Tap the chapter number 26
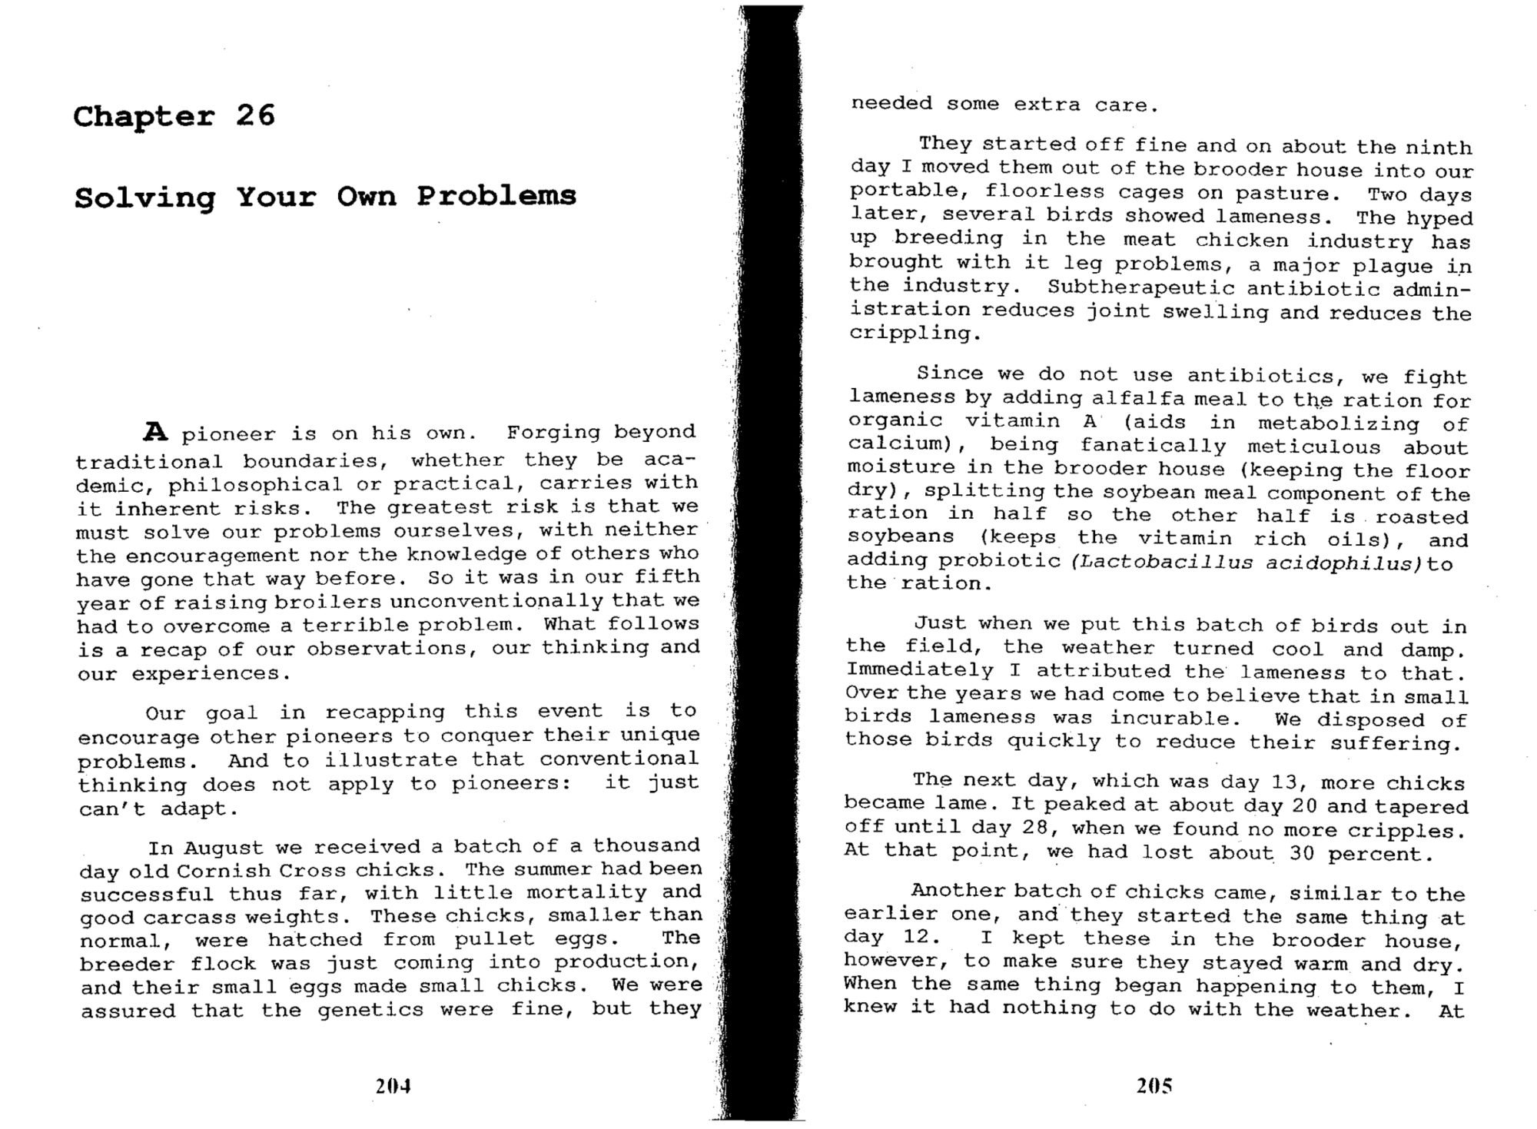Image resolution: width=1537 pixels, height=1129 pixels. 255,115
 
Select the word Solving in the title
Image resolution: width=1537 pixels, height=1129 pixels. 144,198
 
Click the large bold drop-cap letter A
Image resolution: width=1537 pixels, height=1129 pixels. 155,432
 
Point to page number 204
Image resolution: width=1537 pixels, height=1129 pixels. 393,1086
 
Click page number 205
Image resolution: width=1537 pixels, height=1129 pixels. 1154,1085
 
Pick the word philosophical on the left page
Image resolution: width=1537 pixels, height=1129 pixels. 255,485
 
